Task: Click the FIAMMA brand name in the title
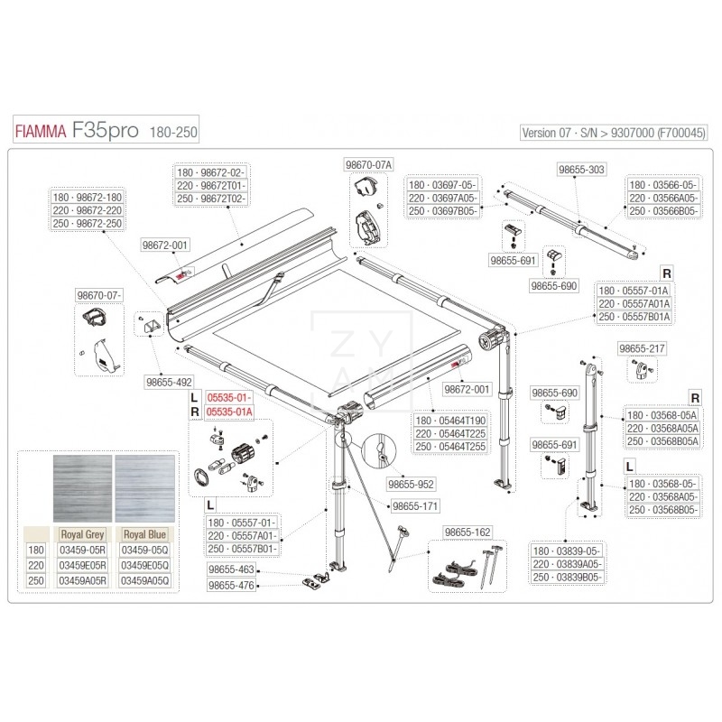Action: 39,132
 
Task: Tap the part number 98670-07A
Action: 368,164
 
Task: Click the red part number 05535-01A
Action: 230,412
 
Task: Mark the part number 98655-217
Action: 642,348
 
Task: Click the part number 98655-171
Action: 413,507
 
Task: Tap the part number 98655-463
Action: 232,570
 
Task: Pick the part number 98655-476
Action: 232,586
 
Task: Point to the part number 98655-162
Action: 466,532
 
